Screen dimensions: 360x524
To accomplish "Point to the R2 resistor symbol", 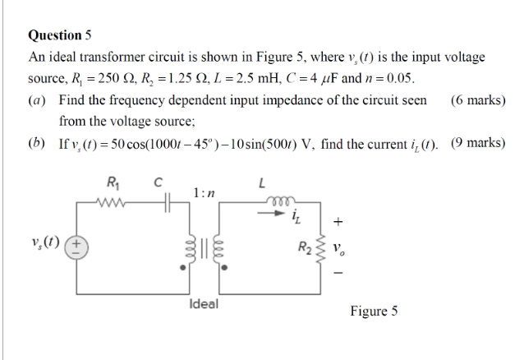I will click(310, 246).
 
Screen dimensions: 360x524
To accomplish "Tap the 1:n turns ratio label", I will click(205, 192).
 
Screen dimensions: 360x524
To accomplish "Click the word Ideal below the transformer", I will click(203, 303).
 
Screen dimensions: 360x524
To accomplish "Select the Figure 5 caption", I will click(374, 311).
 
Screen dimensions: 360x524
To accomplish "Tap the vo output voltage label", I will click(338, 246).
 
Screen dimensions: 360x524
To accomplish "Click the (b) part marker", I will click(36, 142).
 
